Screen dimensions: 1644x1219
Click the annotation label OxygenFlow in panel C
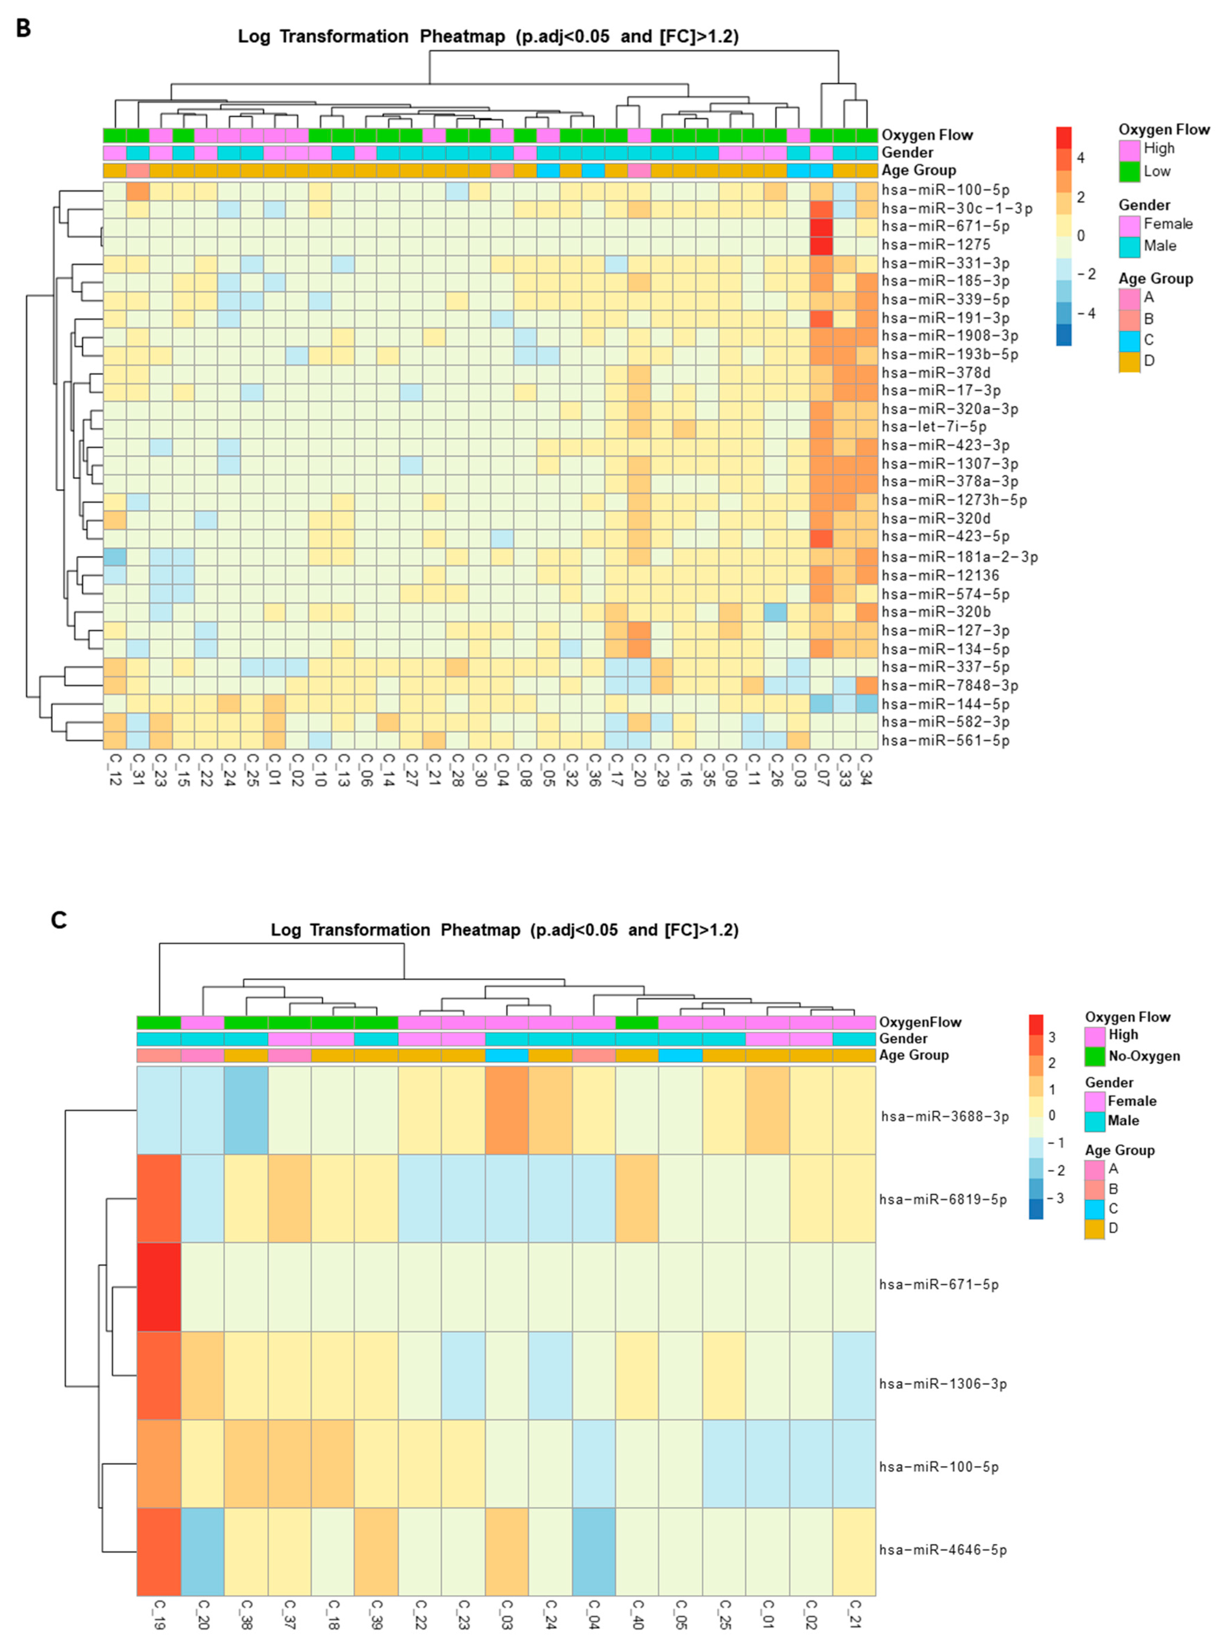coord(920,1022)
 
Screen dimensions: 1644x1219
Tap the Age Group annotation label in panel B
coord(919,170)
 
